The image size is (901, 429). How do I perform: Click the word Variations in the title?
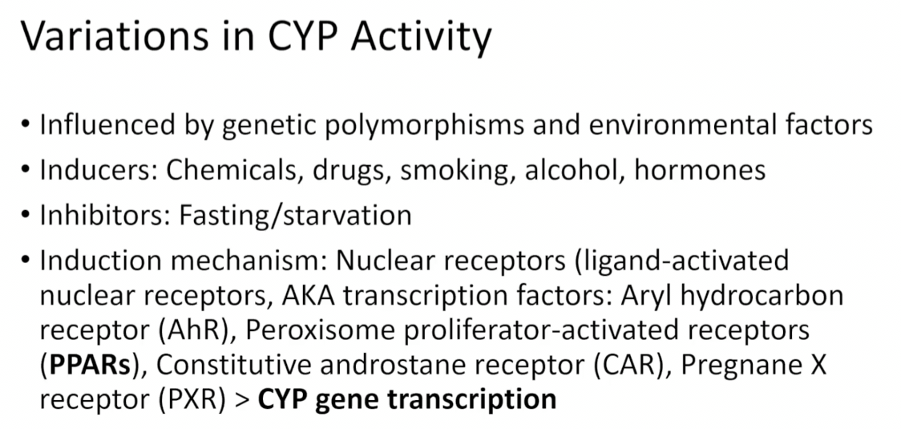tap(115, 36)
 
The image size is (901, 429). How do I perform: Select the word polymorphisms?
tap(425, 126)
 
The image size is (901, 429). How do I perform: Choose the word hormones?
tap(700, 170)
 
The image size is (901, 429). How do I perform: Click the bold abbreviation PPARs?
tap(91, 366)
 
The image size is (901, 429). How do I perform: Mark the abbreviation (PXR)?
tap(192, 400)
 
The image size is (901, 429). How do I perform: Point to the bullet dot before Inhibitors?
tap(25, 216)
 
